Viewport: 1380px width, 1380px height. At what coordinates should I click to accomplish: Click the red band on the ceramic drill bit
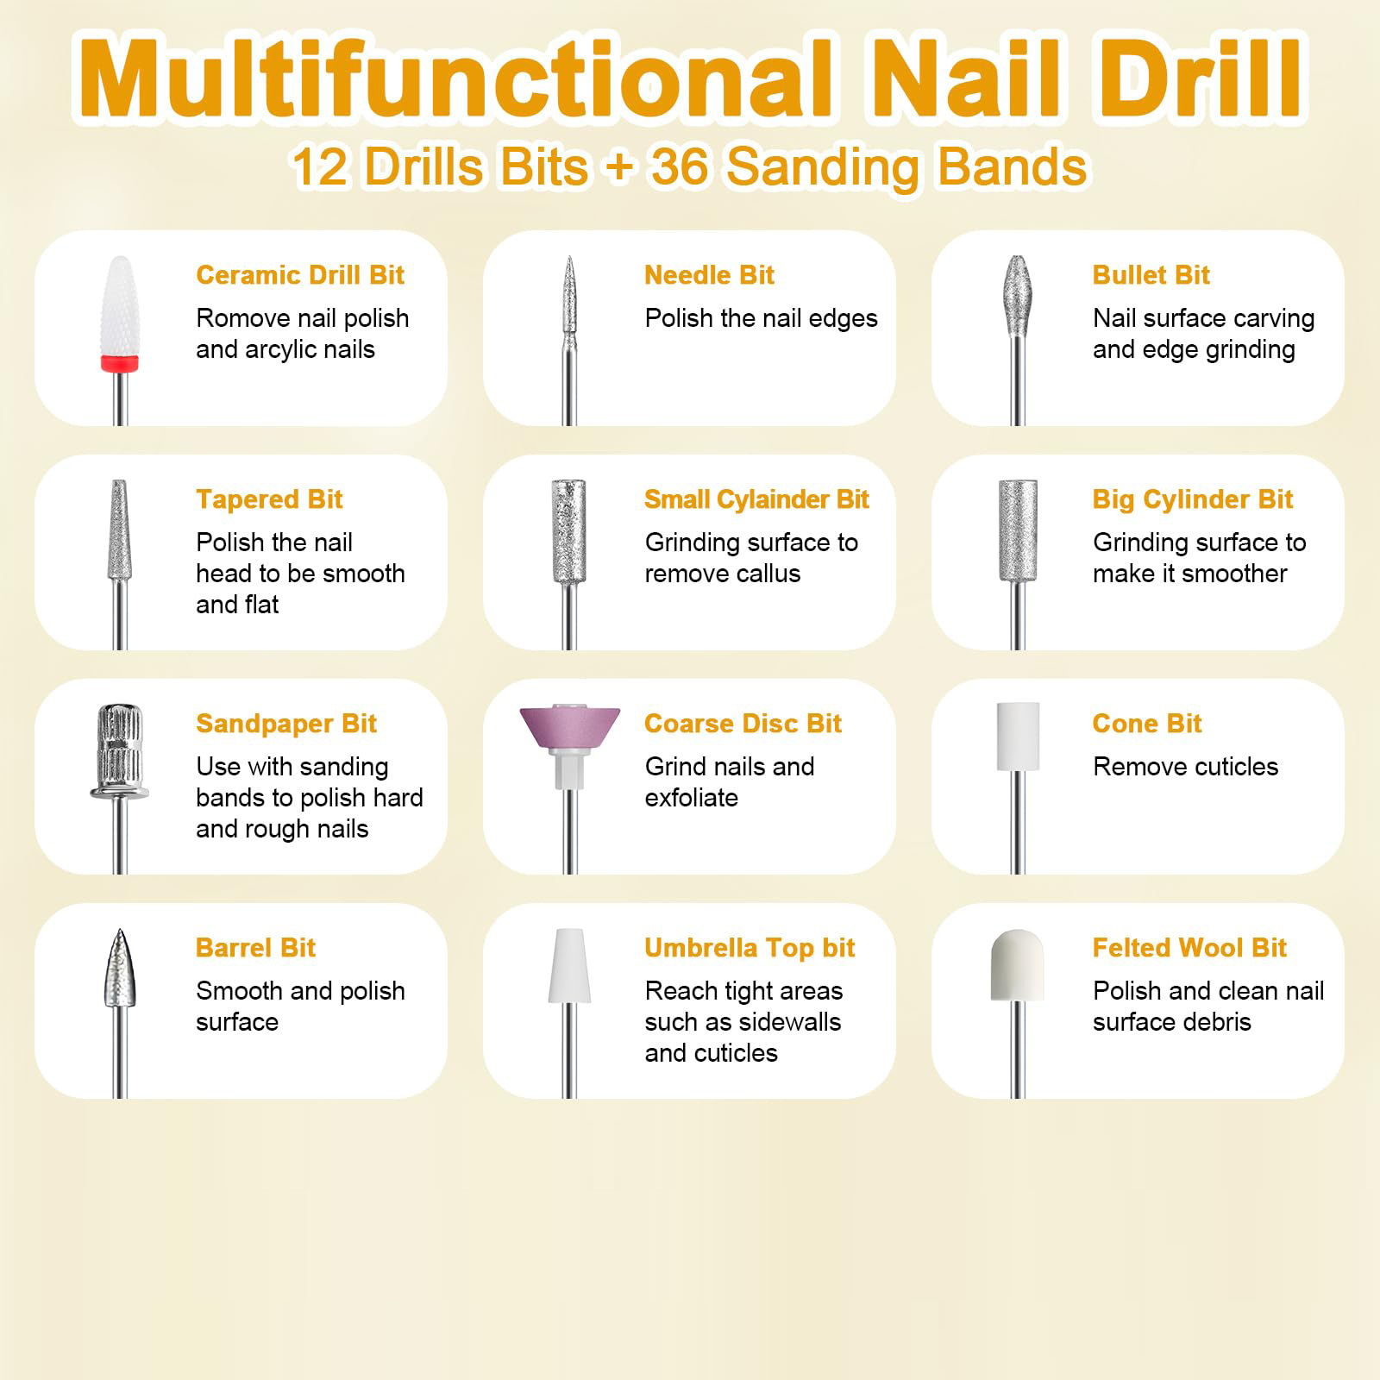120,363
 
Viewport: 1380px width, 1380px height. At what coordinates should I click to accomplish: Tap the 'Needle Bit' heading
709,275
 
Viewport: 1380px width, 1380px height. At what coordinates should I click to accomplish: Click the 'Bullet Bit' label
1151,275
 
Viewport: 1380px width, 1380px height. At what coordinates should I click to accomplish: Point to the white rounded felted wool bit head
1017,965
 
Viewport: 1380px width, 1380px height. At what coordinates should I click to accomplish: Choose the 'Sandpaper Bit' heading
285,724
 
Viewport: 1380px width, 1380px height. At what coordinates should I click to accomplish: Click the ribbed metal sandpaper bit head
120,742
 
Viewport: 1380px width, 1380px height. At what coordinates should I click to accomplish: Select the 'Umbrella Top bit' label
749,948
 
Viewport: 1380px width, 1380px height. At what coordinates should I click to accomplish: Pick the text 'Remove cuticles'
1185,767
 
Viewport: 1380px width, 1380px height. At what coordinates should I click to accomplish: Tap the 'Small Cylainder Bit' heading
756,499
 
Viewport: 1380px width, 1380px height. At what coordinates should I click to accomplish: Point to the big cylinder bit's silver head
1018,530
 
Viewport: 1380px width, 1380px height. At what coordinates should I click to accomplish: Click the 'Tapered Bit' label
269,499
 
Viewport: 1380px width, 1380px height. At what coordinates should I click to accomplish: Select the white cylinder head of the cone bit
1018,736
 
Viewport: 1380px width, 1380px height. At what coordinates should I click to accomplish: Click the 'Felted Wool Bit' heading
1189,948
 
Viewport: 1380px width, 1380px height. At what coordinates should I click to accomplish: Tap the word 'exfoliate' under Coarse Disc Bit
691,798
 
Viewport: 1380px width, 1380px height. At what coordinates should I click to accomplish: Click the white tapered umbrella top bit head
569,966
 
